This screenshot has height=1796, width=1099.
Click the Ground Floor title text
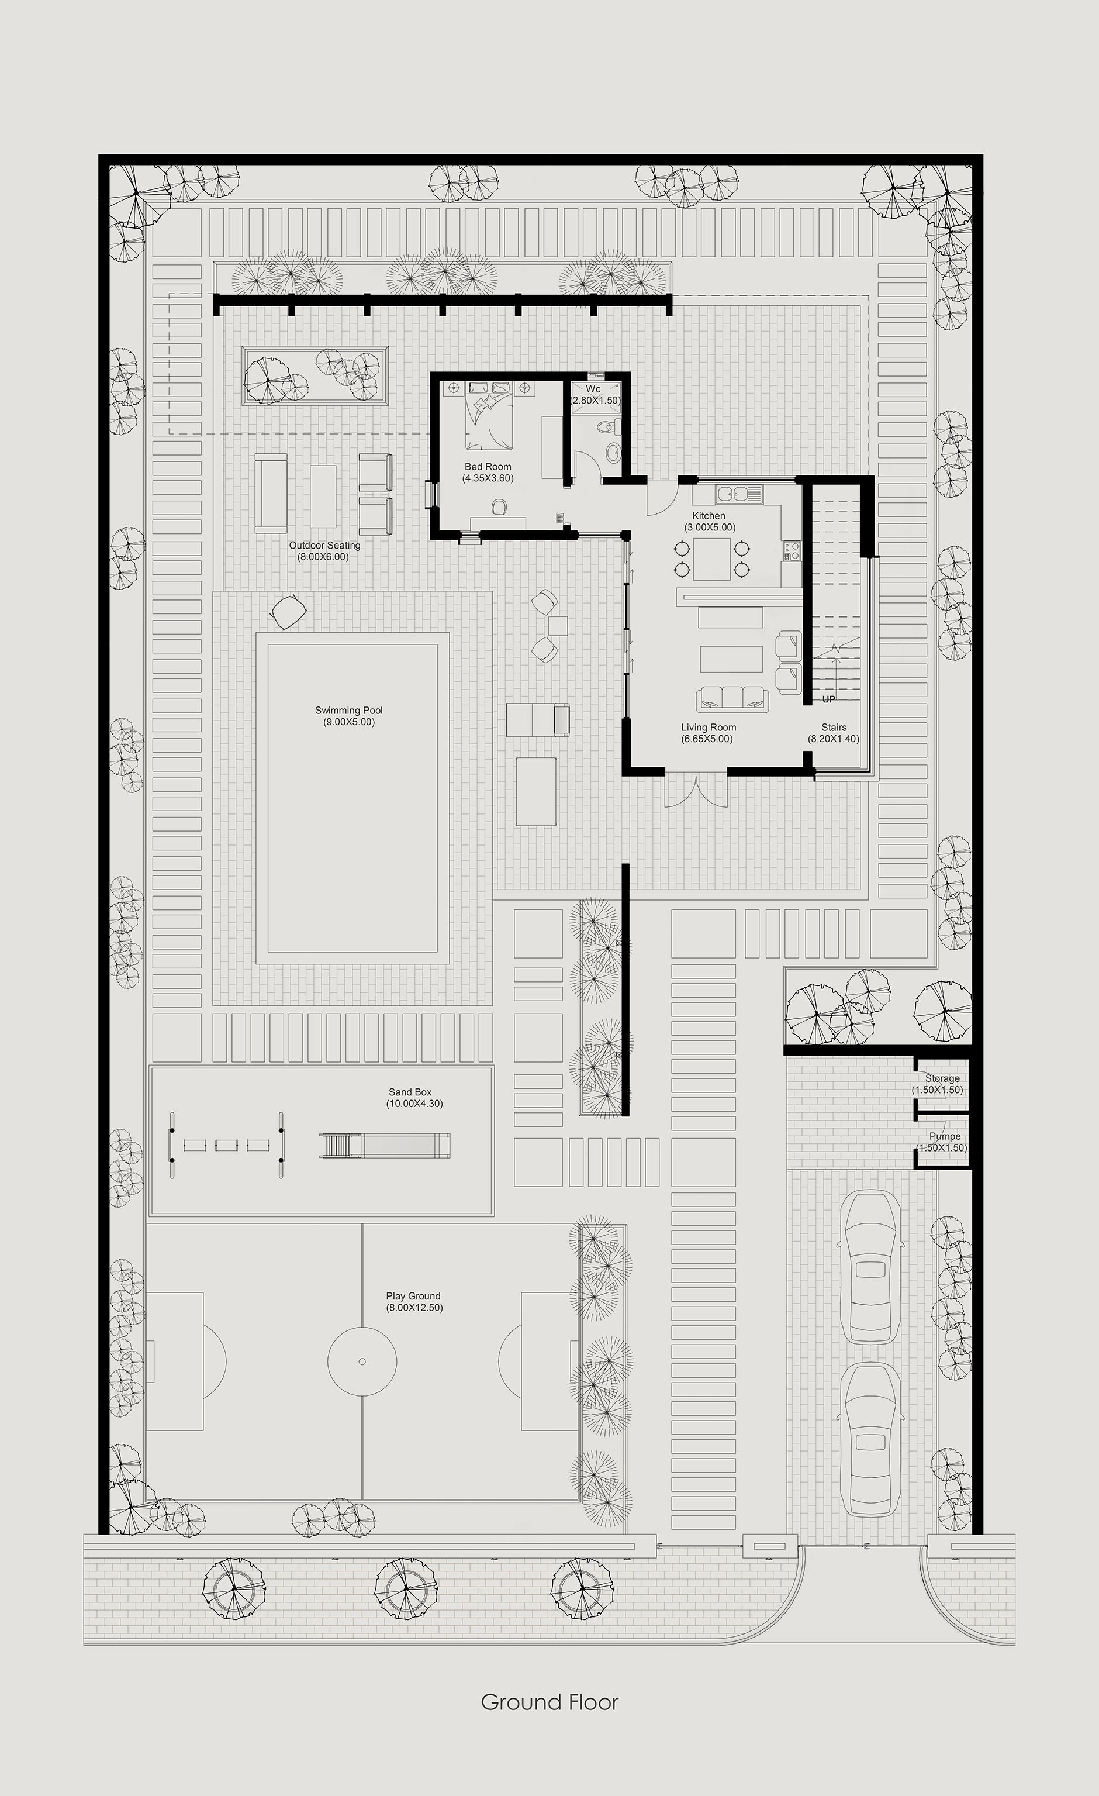click(x=549, y=1702)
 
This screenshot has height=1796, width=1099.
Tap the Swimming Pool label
click(x=348, y=710)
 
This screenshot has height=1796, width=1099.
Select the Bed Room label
click(x=488, y=467)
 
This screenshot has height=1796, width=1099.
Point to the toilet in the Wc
click(x=613, y=432)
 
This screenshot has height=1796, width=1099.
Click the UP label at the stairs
click(x=828, y=699)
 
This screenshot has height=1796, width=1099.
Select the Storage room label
click(x=942, y=1078)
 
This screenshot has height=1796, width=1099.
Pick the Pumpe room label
click(x=945, y=1136)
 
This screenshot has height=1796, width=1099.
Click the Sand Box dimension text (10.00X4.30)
click(x=414, y=1104)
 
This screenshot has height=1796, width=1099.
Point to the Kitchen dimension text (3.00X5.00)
click(x=709, y=527)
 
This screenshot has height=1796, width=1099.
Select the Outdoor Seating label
click(x=324, y=545)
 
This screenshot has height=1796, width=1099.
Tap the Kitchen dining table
click(x=711, y=559)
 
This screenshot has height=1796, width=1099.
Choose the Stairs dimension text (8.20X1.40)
click(x=833, y=739)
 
